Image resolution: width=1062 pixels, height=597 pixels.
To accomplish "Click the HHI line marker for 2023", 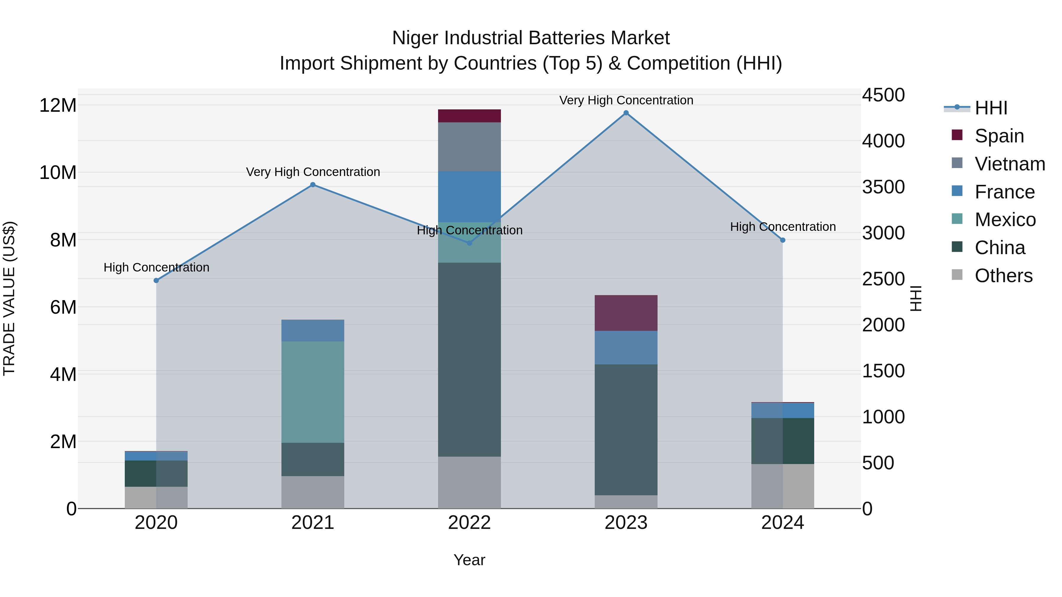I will click(x=626, y=113).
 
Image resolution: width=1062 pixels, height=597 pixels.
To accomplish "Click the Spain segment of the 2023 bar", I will click(x=626, y=313).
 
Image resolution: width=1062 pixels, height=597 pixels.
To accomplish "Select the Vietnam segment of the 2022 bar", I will click(x=469, y=147).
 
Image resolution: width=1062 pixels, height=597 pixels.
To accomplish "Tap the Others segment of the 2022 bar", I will click(x=469, y=482).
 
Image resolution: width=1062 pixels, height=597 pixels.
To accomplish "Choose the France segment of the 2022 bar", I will click(x=469, y=197).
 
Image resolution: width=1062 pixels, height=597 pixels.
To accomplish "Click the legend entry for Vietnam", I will click(x=1010, y=164).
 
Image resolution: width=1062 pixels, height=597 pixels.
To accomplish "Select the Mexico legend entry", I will click(x=1005, y=220).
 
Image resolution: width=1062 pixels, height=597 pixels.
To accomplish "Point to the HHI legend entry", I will click(x=991, y=108).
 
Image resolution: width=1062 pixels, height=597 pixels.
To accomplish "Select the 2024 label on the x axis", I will click(x=782, y=522).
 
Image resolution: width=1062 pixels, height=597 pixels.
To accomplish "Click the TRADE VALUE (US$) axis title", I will click(x=9, y=298).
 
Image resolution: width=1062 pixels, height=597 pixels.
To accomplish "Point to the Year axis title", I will click(x=469, y=560).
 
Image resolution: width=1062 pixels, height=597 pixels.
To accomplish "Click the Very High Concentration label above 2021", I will click(x=313, y=172).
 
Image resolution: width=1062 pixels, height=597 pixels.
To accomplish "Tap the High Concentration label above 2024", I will click(x=782, y=227).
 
